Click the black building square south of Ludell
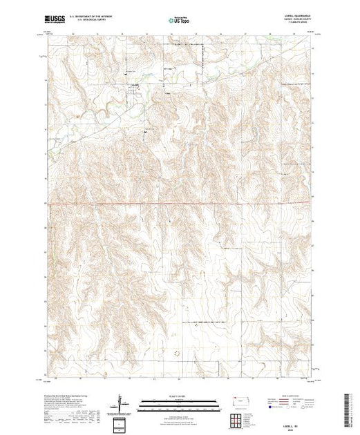click(x=146, y=132)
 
